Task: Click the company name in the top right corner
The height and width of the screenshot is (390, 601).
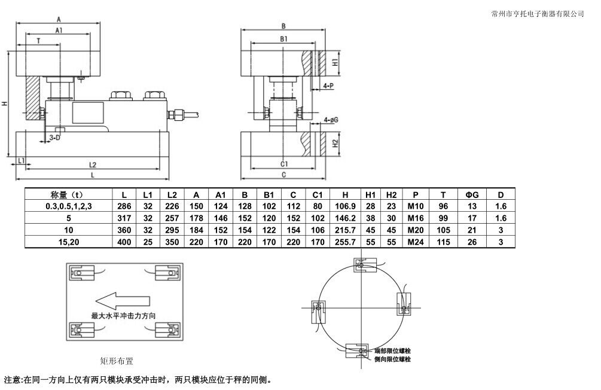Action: pyautogui.click(x=536, y=13)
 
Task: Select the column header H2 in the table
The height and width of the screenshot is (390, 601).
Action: pyautogui.click(x=391, y=195)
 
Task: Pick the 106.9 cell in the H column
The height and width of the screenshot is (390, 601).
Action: pyautogui.click(x=345, y=206)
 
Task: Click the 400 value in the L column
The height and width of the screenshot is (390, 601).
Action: pyautogui.click(x=124, y=242)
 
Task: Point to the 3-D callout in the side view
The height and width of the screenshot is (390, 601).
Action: pyautogui.click(x=54, y=138)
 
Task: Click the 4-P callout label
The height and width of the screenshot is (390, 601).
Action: pyautogui.click(x=328, y=86)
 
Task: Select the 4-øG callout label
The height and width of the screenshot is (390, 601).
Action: pyautogui.click(x=331, y=120)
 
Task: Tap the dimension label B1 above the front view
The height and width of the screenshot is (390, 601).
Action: pyautogui.click(x=284, y=38)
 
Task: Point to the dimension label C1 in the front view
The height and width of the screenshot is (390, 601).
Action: pyautogui.click(x=284, y=163)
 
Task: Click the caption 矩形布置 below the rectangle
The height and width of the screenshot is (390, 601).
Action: pyautogui.click(x=117, y=361)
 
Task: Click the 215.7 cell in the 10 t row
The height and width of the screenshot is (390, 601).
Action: pyautogui.click(x=345, y=230)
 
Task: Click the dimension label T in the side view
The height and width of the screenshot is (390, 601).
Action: pyautogui.click(x=39, y=41)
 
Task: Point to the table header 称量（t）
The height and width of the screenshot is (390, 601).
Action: pyautogui.click(x=66, y=195)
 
